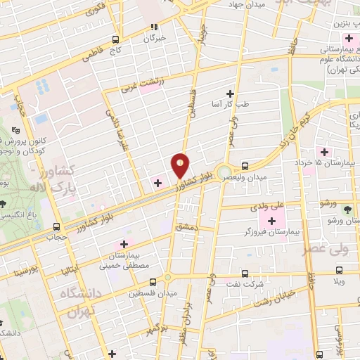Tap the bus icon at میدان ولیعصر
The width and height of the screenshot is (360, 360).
point(244,166)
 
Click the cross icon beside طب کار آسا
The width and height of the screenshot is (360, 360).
point(229,94)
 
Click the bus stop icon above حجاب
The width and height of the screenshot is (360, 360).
point(57,226)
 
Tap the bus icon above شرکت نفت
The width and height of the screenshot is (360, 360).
point(244,274)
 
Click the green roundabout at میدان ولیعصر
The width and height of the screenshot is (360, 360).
point(224,172)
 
